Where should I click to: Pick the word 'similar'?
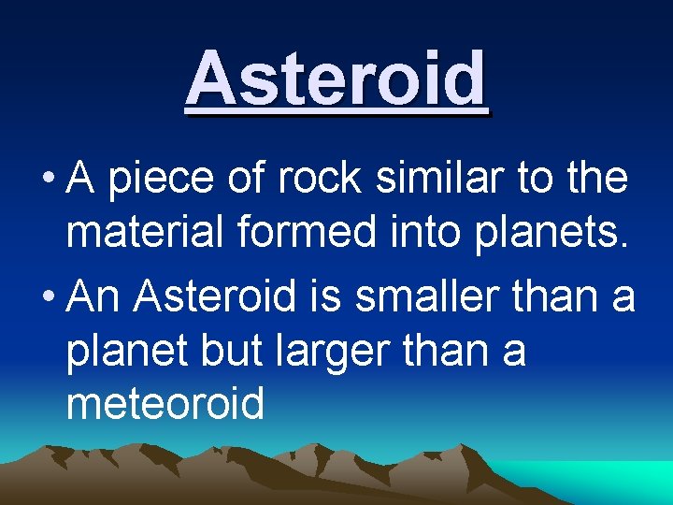coord(432,178)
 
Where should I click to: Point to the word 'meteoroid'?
coord(165,405)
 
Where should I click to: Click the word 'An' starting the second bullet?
coord(96,296)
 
